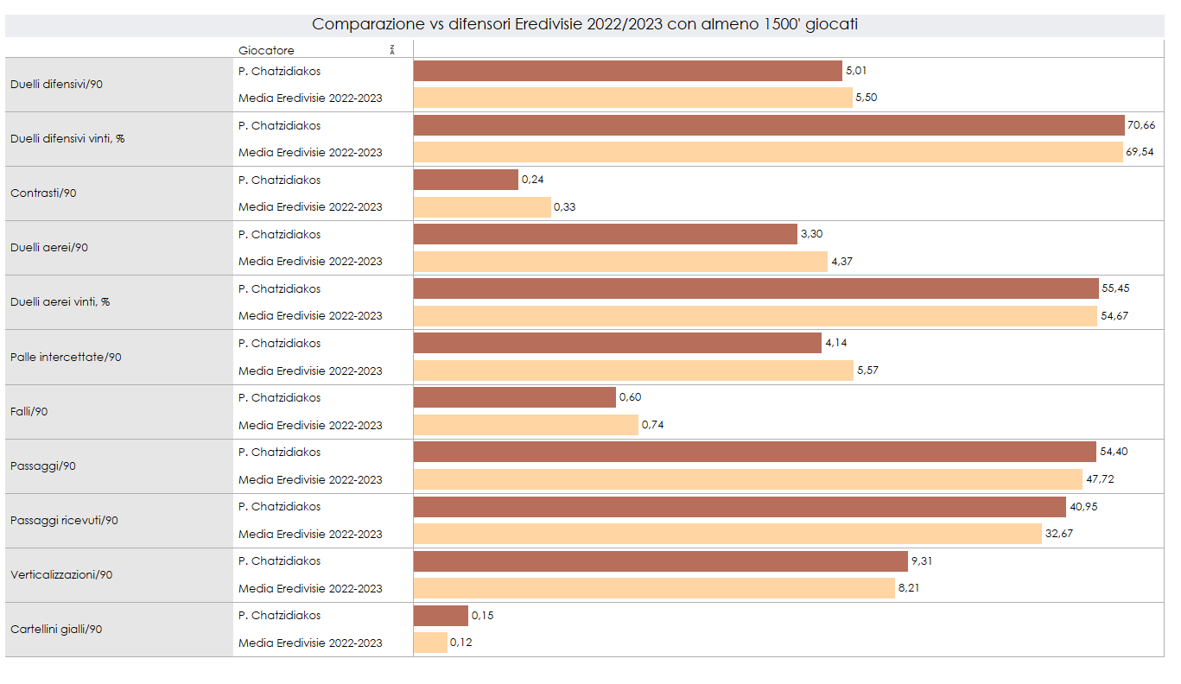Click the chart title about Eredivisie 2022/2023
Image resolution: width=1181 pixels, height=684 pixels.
584,24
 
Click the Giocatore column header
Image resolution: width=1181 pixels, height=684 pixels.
266,50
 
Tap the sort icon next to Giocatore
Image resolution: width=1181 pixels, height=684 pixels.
392,49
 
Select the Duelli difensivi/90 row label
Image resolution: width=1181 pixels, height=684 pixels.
57,85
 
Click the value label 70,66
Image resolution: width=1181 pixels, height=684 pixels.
1140,125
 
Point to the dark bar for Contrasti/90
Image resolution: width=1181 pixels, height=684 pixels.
466,180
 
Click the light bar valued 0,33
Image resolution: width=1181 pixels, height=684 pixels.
482,207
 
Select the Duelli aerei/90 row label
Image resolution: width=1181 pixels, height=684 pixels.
49,248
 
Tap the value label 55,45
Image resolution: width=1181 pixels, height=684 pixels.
1114,288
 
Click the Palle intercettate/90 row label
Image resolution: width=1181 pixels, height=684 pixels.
66,357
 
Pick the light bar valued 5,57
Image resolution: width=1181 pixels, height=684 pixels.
633,370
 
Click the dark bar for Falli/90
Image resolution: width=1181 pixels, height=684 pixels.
515,397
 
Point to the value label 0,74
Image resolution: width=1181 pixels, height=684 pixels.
652,425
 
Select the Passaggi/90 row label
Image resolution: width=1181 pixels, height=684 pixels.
43,465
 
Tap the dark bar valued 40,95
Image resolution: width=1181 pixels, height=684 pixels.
740,506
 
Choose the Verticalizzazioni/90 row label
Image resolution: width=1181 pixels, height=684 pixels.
61,574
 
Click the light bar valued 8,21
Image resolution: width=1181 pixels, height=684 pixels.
654,588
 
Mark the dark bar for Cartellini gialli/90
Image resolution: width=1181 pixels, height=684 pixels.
441,615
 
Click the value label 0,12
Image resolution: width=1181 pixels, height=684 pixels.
461,643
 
